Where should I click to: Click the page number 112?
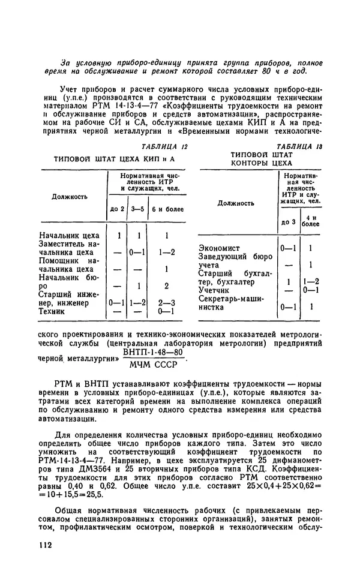[44, 544]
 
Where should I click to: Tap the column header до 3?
[289, 221]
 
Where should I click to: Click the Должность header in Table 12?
[70, 196]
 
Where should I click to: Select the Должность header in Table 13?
[236, 203]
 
